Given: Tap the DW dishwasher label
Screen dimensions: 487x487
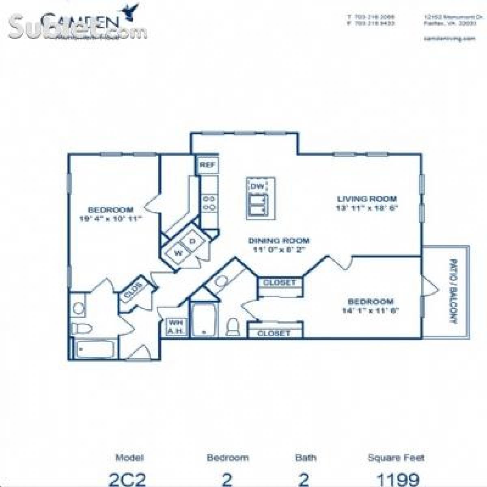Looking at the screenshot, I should click(257, 186).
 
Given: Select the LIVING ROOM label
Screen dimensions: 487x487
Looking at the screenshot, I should click(366, 199).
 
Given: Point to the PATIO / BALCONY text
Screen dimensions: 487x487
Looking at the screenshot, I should click(453, 291).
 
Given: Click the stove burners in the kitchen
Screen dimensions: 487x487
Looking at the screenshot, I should click(209, 203).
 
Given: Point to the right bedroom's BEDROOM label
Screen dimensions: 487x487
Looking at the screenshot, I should click(371, 302).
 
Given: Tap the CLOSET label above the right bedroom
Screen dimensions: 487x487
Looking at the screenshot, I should click(280, 282).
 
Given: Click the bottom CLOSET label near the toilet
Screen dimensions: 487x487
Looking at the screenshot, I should click(274, 333).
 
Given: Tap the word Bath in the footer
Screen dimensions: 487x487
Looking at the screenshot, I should click(305, 458).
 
